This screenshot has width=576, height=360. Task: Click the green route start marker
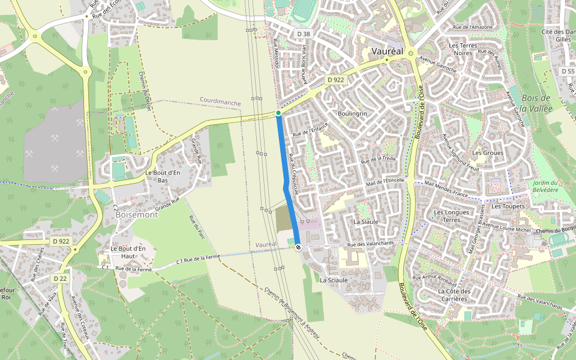point(278,113)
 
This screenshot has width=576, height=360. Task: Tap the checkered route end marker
point(298,247)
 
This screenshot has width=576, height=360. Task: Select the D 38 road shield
point(304,34)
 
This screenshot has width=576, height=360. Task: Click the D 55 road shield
point(568,71)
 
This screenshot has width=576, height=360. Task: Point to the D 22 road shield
point(59,278)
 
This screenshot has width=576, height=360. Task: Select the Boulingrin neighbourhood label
point(352,113)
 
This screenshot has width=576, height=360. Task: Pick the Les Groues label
point(488,153)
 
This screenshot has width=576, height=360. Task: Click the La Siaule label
point(366,221)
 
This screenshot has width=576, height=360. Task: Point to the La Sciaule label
point(334,280)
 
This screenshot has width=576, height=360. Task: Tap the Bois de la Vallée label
point(536,103)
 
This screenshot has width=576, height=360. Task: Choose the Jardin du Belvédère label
point(545,186)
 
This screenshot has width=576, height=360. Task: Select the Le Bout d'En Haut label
point(128,253)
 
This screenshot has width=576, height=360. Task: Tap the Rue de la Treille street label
point(378,159)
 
